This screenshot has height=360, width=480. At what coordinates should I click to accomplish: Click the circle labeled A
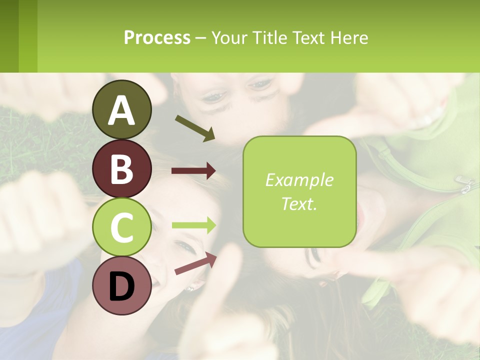coord(121,109)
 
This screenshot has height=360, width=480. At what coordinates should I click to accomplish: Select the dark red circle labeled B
coord(121,168)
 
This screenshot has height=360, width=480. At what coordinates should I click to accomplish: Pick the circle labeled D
coord(121,285)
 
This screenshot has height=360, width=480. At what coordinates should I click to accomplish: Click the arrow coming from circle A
coord(195,128)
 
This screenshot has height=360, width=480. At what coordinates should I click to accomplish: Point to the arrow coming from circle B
coord(193,171)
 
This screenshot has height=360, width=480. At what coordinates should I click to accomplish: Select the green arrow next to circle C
coord(193,225)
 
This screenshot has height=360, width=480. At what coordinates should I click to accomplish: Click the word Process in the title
coord(157,37)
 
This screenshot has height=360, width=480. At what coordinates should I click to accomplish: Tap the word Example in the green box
coord(299,180)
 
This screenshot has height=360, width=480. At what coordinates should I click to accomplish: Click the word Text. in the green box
coord(299,203)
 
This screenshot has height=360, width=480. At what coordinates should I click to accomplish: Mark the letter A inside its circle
coord(121,110)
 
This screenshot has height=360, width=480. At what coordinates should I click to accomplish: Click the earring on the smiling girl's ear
coord(189,288)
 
